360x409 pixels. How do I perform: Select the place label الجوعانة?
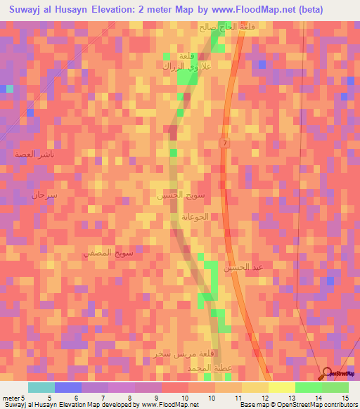pos(195,217)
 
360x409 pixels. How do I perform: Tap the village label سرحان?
pos(44,196)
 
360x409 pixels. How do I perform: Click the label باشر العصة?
pos(35,153)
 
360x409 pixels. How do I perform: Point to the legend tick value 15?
pos(345,398)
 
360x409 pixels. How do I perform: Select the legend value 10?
pos(185,398)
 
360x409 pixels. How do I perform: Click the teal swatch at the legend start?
pos(41,387)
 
